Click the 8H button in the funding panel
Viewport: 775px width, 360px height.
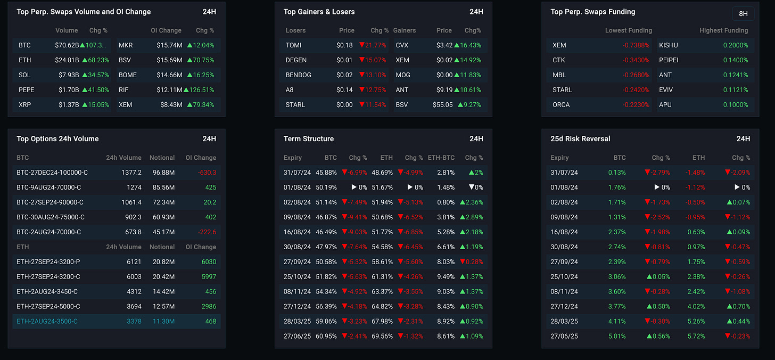743,14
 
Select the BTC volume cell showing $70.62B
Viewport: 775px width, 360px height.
67,45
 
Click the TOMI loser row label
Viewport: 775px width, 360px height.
293,45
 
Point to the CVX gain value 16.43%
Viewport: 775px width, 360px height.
469,45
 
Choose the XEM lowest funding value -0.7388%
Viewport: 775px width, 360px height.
636,45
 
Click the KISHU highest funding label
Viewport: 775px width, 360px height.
669,45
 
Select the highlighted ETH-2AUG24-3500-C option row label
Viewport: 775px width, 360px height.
47,321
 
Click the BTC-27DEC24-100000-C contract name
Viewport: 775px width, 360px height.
52,173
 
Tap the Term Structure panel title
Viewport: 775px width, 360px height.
309,139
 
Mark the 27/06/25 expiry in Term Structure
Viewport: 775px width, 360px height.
297,336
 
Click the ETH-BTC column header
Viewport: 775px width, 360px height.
441,158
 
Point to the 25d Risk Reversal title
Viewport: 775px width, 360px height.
580,139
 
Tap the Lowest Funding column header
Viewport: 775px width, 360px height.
628,30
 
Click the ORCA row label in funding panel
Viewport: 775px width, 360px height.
561,105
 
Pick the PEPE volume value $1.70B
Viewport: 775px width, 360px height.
68,90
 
